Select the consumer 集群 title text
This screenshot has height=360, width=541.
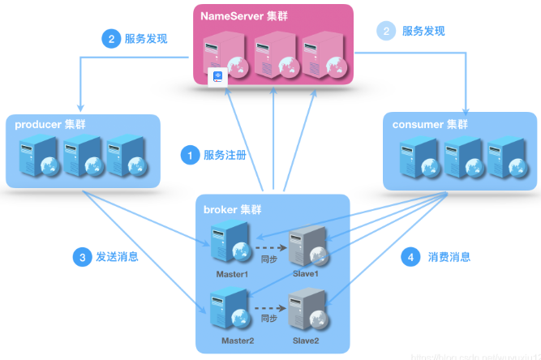pyautogui.click(x=430, y=124)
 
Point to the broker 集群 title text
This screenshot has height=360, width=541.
pyautogui.click(x=233, y=209)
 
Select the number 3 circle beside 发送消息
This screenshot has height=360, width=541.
pyautogui.click(x=81, y=258)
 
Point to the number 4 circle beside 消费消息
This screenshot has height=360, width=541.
pyautogui.click(x=413, y=258)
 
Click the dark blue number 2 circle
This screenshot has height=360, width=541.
pyautogui.click(x=110, y=38)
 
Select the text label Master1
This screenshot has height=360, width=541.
pyautogui.click(x=232, y=274)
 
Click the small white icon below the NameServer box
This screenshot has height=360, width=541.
pyautogui.click(x=217, y=76)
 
